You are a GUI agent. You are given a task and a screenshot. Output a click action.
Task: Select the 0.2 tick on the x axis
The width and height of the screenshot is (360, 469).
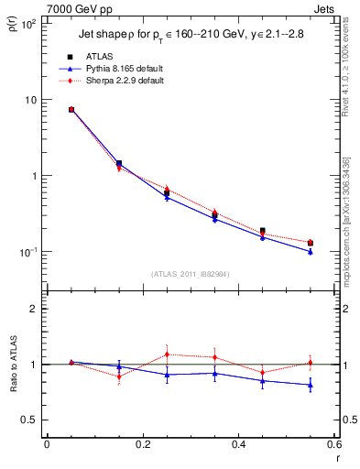[x=143, y=443]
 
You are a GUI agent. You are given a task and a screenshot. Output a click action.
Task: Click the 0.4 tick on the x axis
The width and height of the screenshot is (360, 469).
[x=238, y=443]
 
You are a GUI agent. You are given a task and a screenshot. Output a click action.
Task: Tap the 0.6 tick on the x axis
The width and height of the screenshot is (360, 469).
[x=333, y=443]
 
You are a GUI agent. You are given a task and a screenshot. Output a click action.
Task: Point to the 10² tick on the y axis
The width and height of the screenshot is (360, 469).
[x=30, y=24]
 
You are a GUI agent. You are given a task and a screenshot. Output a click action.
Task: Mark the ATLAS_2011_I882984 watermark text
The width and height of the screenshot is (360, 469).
[x=191, y=274]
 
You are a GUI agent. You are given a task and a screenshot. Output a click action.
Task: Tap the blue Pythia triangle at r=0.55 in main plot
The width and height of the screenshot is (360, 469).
[x=311, y=252]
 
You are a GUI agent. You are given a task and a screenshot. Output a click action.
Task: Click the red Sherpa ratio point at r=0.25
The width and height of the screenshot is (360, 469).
[x=167, y=354]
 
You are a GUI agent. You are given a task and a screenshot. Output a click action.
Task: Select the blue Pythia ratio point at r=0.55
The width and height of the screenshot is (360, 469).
[x=311, y=385]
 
